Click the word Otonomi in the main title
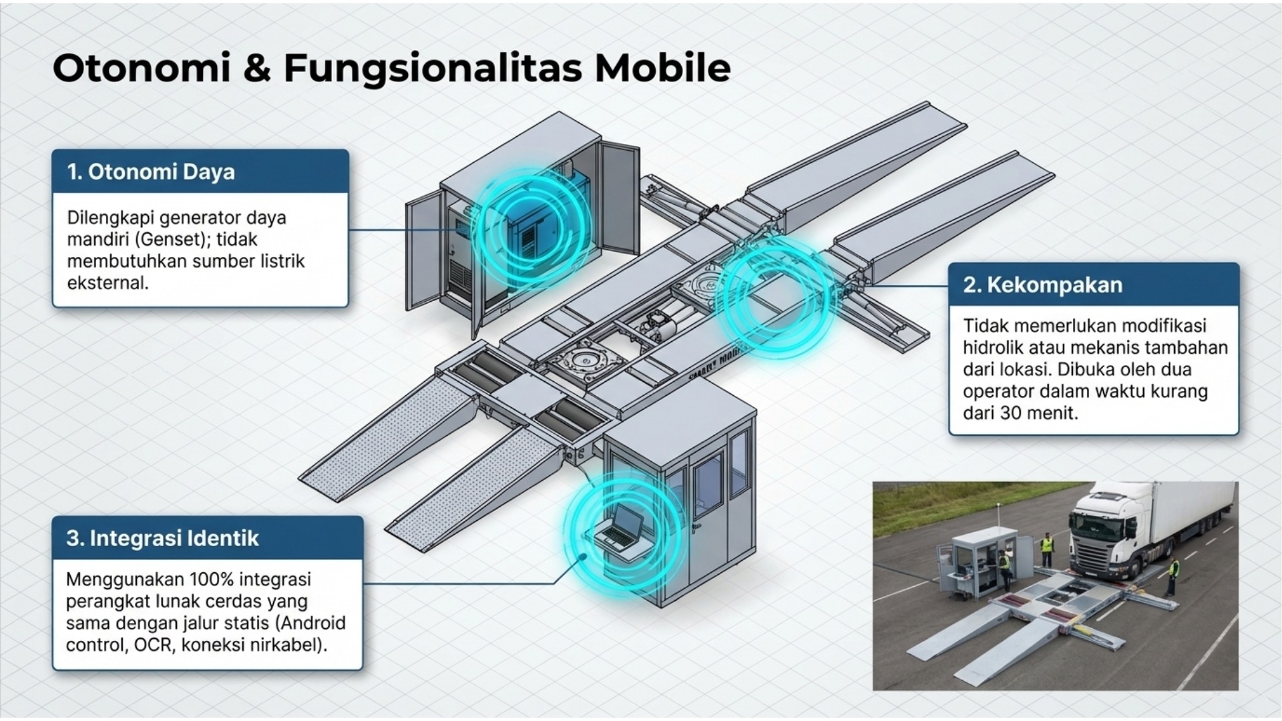141,68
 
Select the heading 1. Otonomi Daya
151,172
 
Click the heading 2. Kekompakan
1042,285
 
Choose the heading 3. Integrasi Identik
162,538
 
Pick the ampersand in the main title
256,68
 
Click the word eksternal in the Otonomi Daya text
106,282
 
